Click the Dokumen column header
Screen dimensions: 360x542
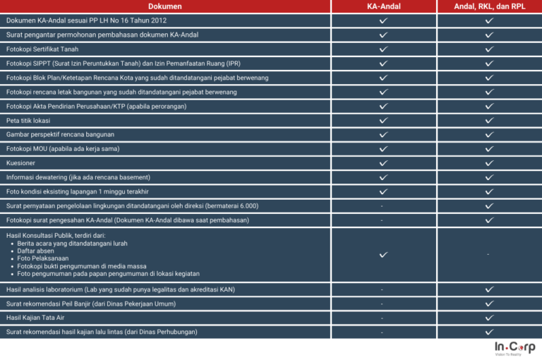pyautogui.click(x=164, y=6)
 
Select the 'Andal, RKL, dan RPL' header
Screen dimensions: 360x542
pyautogui.click(x=489, y=6)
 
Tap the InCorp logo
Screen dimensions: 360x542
pyautogui.click(x=514, y=348)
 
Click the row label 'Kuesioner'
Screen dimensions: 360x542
pyautogui.click(x=20, y=163)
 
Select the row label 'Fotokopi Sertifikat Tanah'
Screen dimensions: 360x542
pyautogui.click(x=42, y=49)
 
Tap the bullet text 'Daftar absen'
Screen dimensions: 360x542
pyautogui.click(x=36, y=251)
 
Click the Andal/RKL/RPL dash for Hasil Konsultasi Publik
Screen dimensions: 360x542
pyautogui.click(x=489, y=254)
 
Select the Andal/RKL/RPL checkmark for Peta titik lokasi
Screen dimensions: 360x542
pyautogui.click(x=489, y=121)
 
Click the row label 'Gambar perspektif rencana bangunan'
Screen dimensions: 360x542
pyautogui.click(x=60, y=134)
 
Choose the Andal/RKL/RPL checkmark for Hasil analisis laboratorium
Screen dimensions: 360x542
pyautogui.click(x=489, y=289)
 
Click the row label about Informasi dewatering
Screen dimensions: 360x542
pyautogui.click(x=78, y=177)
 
